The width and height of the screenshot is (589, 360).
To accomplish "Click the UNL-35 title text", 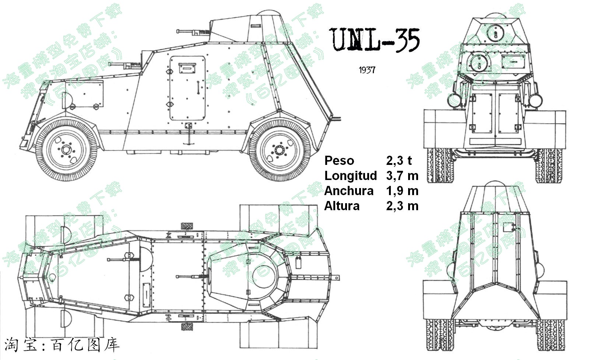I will click(x=375, y=39).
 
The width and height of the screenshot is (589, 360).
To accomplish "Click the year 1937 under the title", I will click(x=367, y=70).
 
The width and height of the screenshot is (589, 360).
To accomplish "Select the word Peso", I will click(x=339, y=160).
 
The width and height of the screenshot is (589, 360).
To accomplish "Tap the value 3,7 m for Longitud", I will click(x=402, y=176).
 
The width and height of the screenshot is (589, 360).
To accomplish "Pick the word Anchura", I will click(x=348, y=191).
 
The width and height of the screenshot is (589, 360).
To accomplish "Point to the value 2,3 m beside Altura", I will click(x=402, y=206).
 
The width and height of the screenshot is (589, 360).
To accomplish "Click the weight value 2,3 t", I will click(x=399, y=160).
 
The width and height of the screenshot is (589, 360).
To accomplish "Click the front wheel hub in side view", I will click(x=66, y=149).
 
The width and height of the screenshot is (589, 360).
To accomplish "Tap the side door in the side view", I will click(x=187, y=88).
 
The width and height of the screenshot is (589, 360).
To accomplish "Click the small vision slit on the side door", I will click(x=187, y=68).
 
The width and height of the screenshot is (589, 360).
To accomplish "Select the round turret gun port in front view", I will click(x=495, y=32).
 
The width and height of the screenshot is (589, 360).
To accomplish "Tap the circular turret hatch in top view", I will click(x=263, y=278).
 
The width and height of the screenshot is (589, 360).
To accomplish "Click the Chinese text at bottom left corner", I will click(x=62, y=345).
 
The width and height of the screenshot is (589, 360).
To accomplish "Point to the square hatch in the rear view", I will click(x=509, y=227).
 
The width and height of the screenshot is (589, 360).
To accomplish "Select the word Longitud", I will click(x=350, y=176).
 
